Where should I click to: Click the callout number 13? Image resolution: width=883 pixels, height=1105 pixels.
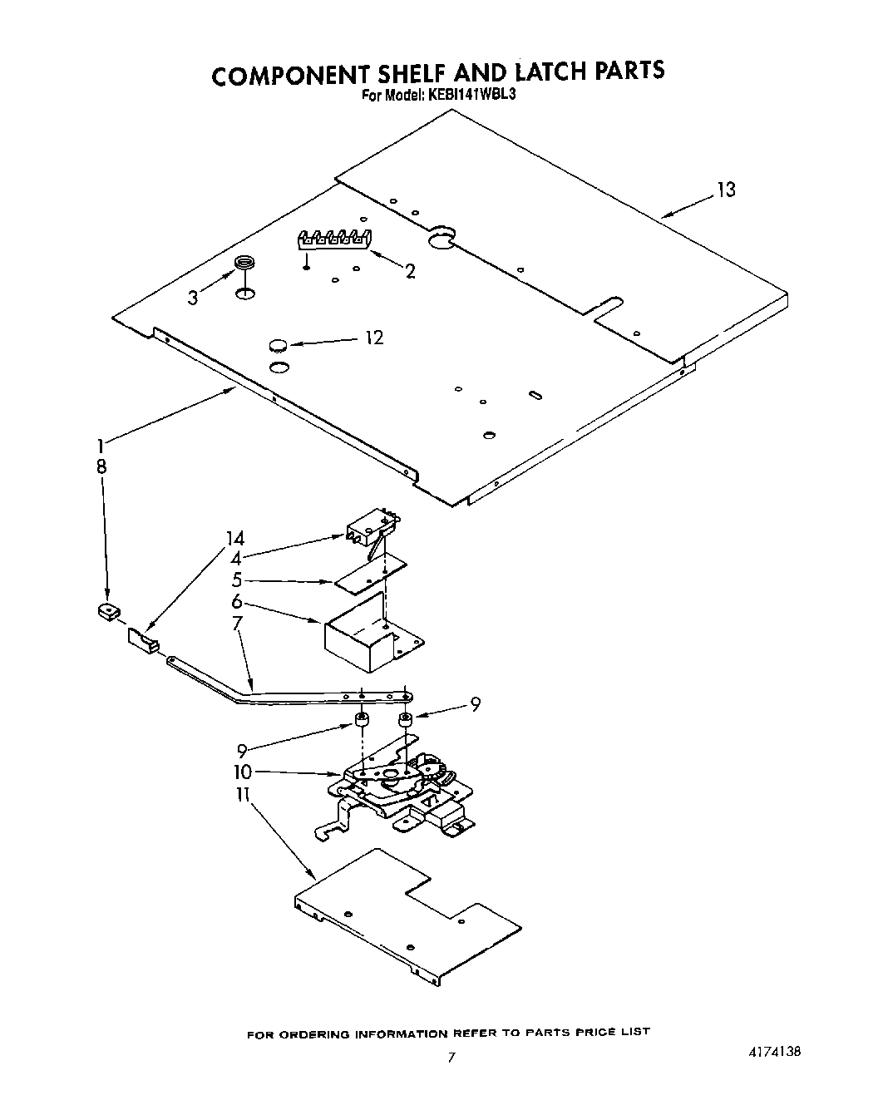tap(726, 190)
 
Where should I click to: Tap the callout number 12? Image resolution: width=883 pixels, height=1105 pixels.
tap(374, 338)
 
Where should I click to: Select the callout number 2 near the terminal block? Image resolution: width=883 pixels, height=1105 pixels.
tap(410, 271)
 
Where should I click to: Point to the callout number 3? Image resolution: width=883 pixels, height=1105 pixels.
tap(192, 298)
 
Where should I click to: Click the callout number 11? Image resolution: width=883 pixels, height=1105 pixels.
tap(242, 795)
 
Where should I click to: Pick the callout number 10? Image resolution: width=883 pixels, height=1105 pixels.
tap(242, 772)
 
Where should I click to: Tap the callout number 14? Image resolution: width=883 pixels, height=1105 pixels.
tap(235, 538)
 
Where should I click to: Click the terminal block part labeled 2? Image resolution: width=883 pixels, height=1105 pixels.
tap(335, 239)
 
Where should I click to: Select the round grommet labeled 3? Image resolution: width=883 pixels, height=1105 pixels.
tap(244, 264)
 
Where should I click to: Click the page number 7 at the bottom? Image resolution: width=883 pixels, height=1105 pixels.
tap(451, 1058)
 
